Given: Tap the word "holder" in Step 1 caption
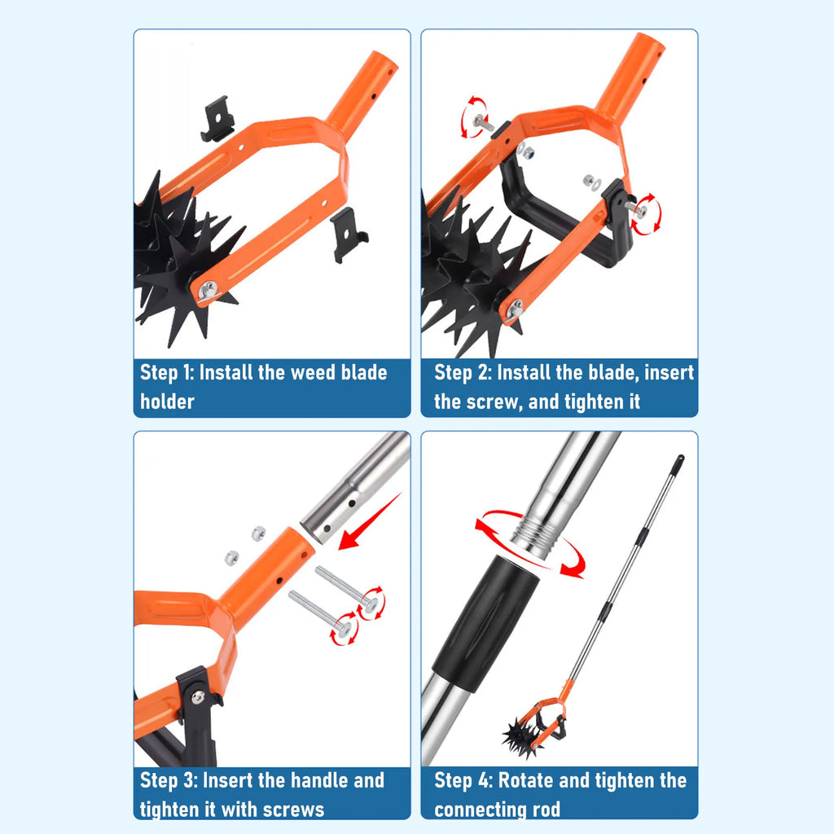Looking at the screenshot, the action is click(x=167, y=402).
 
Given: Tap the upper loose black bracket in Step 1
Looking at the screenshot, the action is click(x=217, y=119).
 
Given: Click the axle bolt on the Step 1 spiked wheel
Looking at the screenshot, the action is click(x=208, y=292).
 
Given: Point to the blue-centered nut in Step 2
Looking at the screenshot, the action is click(x=529, y=154).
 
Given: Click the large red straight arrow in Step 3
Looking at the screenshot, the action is click(x=369, y=522).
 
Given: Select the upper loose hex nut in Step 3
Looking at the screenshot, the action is click(x=258, y=533).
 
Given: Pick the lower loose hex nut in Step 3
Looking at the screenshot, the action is click(x=231, y=557).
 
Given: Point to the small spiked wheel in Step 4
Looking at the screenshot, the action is click(x=522, y=736).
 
